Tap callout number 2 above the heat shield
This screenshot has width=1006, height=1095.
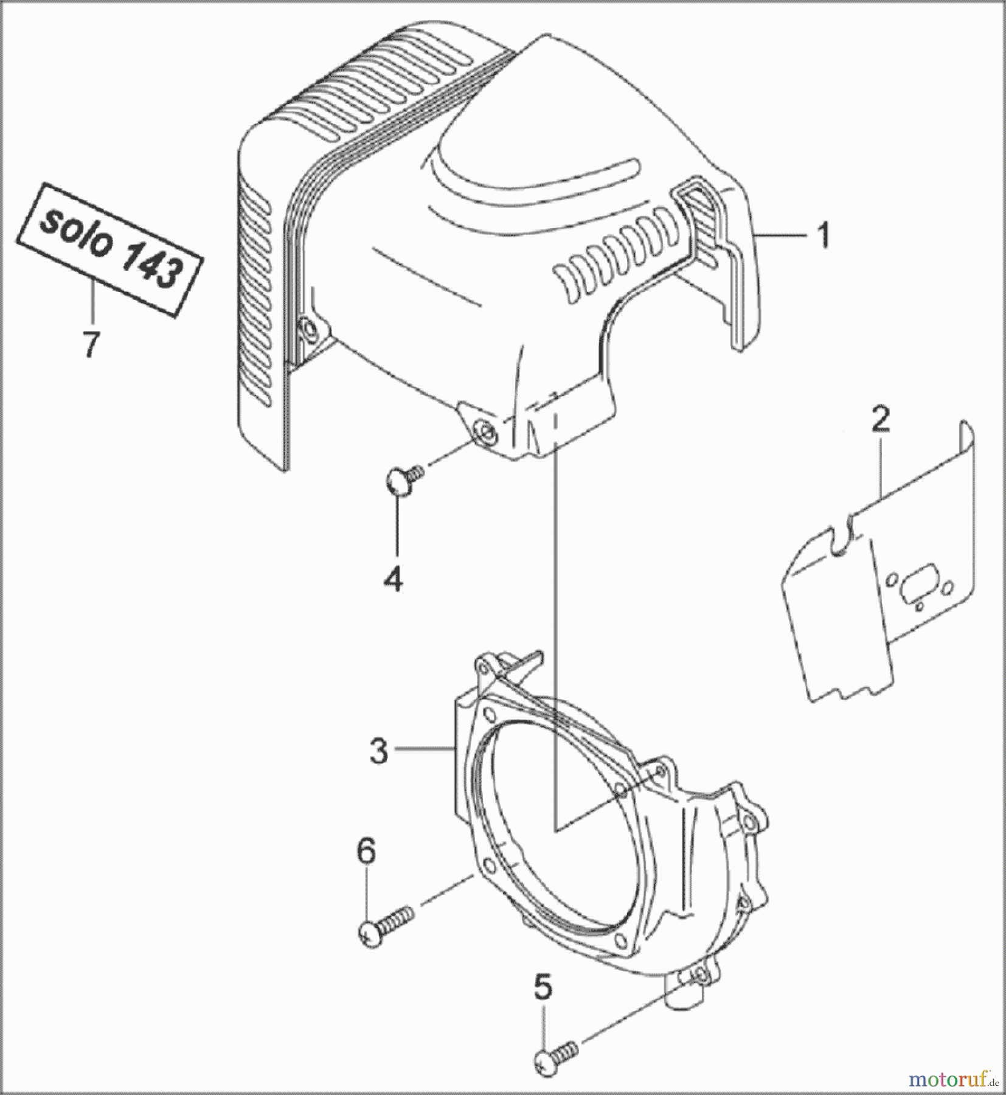pyautogui.click(x=880, y=420)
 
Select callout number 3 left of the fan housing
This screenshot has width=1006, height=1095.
pyautogui.click(x=378, y=751)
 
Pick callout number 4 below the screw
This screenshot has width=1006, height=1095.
pyautogui.click(x=393, y=579)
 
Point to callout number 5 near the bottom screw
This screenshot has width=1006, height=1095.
pyautogui.click(x=543, y=988)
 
